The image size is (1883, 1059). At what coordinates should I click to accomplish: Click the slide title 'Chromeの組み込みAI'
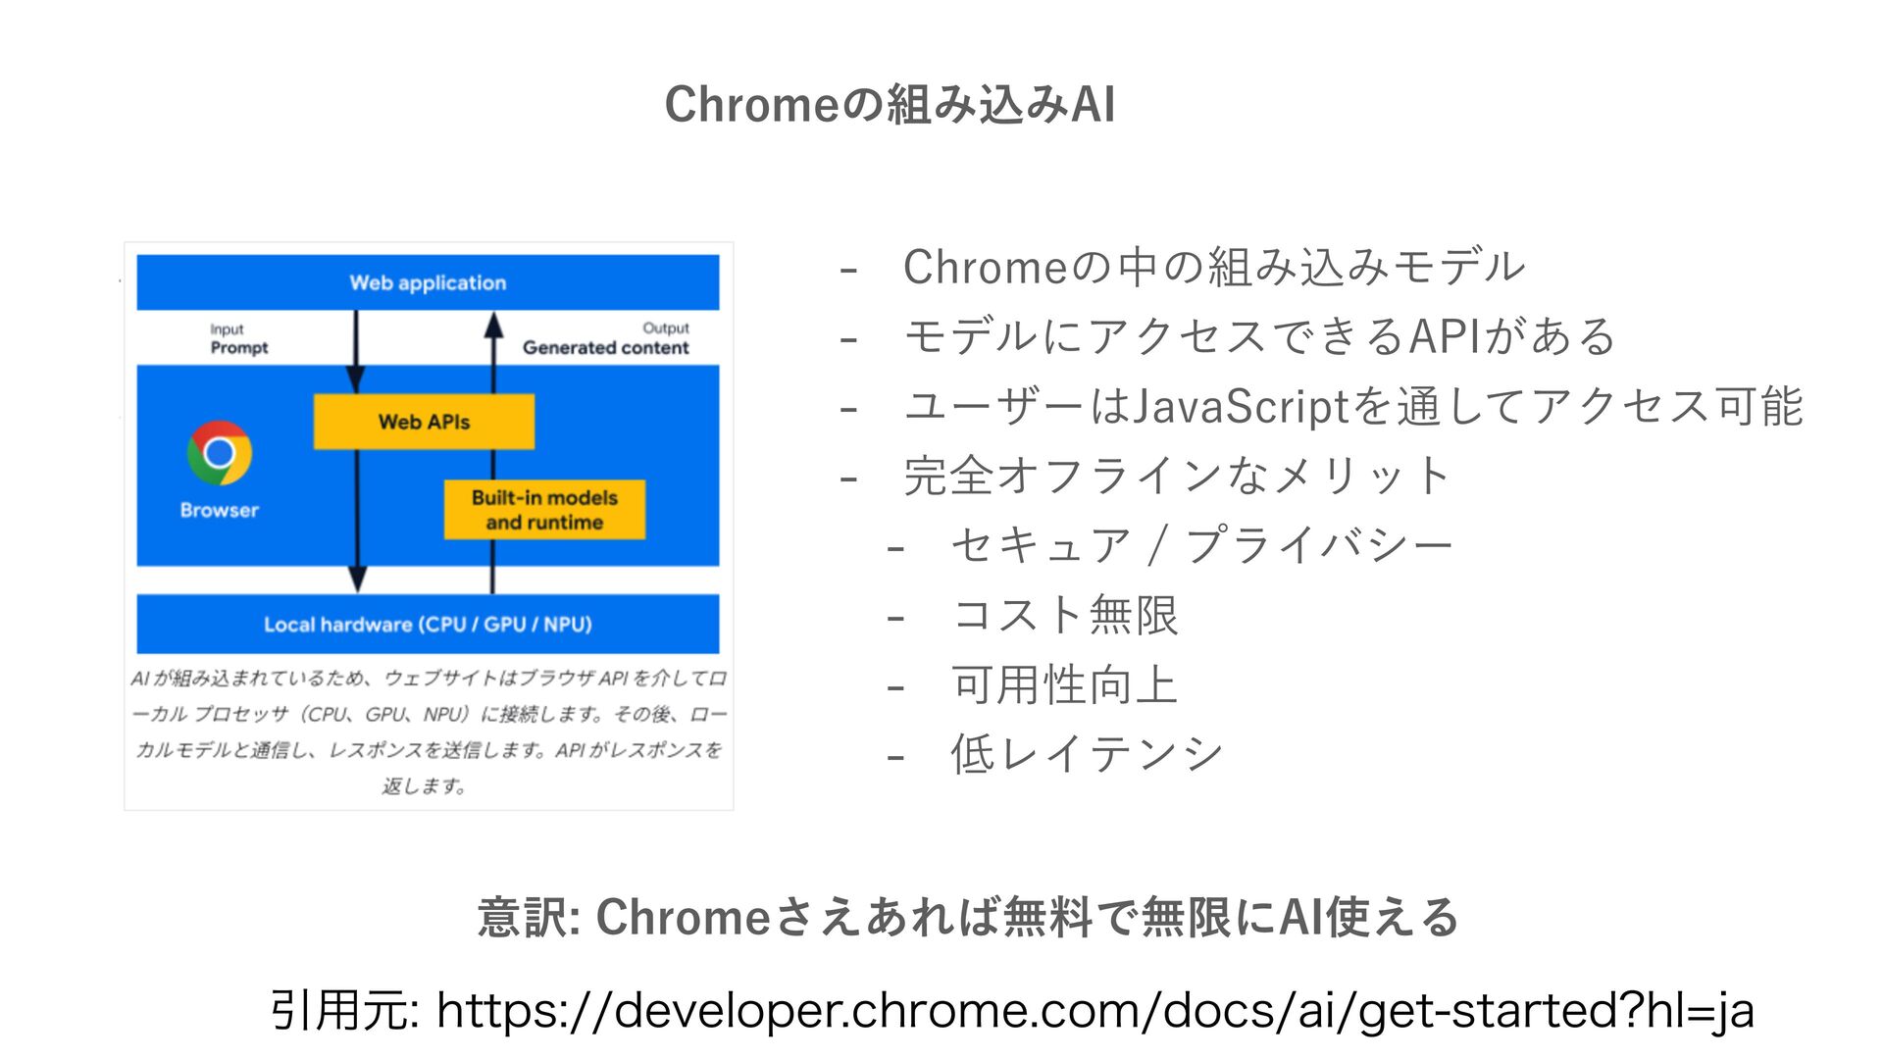coord(890,104)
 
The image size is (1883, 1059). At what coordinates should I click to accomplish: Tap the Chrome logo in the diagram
coord(220,453)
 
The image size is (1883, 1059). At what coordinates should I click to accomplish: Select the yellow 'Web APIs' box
coord(424,422)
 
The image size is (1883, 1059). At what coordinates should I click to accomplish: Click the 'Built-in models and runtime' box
coord(544,510)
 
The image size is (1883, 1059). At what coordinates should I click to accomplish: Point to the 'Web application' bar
coord(428,282)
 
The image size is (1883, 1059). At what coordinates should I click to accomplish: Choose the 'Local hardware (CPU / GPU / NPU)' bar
coord(428,625)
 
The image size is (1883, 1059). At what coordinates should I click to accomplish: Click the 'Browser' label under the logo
coord(220,510)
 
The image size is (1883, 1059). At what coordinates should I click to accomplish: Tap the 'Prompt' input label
coord(238,347)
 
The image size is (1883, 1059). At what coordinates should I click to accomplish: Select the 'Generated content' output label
coord(605,347)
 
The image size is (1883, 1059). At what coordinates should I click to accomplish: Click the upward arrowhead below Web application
coord(493,326)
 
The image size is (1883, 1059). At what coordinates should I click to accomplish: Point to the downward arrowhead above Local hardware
coord(358,579)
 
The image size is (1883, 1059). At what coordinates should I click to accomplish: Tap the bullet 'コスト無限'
coord(1064,616)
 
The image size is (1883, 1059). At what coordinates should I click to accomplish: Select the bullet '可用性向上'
coord(1064,684)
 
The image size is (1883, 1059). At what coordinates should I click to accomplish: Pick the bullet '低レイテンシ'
coord(1087,754)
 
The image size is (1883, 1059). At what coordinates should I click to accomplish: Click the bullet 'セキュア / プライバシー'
coord(1201,545)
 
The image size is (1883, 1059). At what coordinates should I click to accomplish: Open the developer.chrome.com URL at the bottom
coord(1094,1010)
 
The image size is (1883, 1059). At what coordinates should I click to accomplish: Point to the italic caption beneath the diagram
coord(428,731)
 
